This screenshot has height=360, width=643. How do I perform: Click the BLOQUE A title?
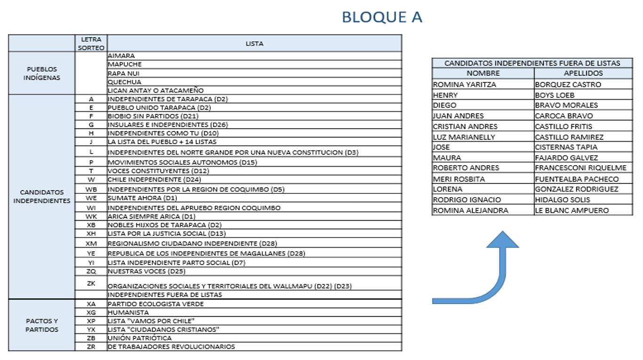[x=381, y=17]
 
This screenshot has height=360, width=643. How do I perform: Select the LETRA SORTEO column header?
[x=91, y=43]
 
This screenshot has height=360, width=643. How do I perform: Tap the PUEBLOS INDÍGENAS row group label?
[x=42, y=73]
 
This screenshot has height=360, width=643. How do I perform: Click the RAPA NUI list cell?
[x=124, y=73]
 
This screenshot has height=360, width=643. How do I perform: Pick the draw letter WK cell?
[x=91, y=216]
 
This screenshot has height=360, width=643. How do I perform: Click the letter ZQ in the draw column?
[x=91, y=272]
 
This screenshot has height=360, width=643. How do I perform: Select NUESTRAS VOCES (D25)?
[x=146, y=272]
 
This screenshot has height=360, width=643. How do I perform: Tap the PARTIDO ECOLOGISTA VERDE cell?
[x=156, y=304]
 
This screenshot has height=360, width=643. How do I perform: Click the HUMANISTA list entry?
[x=128, y=312]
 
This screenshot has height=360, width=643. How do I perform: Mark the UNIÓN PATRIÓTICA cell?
[x=140, y=338]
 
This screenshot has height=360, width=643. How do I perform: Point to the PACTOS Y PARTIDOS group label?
[x=42, y=325]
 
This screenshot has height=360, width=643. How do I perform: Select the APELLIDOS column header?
[x=583, y=73]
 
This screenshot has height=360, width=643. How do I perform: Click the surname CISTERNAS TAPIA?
[x=566, y=147]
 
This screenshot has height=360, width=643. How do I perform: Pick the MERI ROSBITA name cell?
[x=459, y=179]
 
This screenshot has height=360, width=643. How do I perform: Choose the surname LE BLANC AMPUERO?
[x=572, y=210]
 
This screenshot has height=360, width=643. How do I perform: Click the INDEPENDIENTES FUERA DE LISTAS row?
[x=165, y=295]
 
